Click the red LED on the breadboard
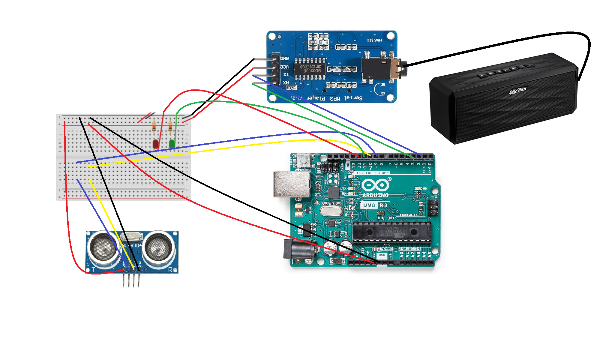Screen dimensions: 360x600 pyautogui.click(x=155, y=144)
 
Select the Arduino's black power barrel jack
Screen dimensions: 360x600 pyautogui.click(x=299, y=249)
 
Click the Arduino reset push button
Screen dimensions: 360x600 pyautogui.click(x=304, y=160)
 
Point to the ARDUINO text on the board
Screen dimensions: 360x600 pyautogui.click(x=375, y=195)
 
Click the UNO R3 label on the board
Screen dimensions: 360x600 pyautogui.click(x=375, y=205)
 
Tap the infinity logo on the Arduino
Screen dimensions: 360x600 pyautogui.click(x=375, y=185)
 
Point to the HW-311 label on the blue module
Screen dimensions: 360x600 pyautogui.click(x=375, y=40)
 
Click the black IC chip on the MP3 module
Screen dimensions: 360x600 pyautogui.click(x=310, y=69)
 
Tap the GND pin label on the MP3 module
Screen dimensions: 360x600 pyautogui.click(x=284, y=58)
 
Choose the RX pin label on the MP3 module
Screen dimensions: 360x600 pyautogui.click(x=286, y=82)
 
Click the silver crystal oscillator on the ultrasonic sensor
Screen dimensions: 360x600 pyautogui.click(x=131, y=236)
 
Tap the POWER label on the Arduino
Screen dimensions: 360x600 pyautogui.click(x=386, y=249)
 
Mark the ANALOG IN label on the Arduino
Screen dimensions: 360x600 pyautogui.click(x=409, y=249)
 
